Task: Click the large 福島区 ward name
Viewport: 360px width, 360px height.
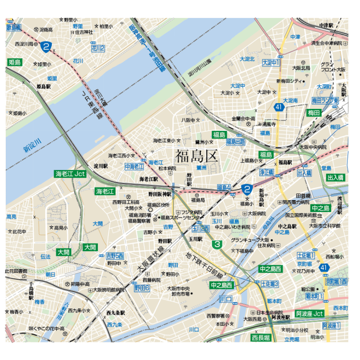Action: coord(197,156)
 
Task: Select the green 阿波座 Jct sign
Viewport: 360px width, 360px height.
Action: coord(309,313)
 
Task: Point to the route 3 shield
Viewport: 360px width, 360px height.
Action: coord(218,244)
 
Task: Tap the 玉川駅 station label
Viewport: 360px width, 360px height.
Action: coord(196,238)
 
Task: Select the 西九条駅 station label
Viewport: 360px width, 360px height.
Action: coord(116,312)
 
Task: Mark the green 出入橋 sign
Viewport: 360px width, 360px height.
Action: coord(336,178)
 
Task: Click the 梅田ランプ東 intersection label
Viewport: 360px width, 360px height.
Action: coord(325,100)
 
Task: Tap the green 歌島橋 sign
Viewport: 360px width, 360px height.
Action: coord(14,27)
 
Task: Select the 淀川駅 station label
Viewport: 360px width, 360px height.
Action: coord(101,166)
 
